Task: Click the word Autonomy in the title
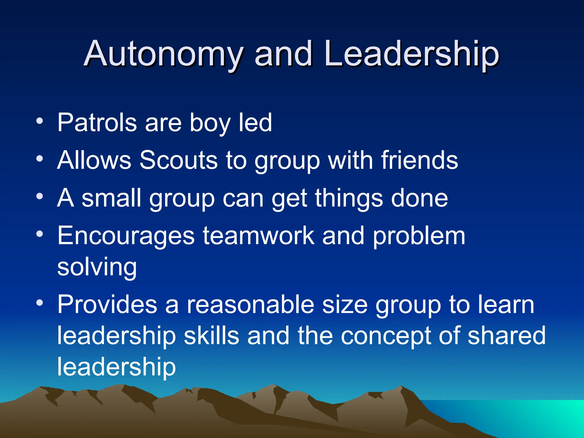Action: [x=164, y=54]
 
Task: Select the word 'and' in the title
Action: [x=283, y=54]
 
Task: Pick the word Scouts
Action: [x=179, y=160]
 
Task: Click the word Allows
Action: [x=94, y=160]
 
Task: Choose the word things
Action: [x=349, y=199]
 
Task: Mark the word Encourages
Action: [x=126, y=236]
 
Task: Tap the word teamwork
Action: [x=258, y=236]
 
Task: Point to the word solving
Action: [x=97, y=267]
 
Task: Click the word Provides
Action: [x=107, y=305]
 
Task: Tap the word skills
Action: [x=211, y=336]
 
